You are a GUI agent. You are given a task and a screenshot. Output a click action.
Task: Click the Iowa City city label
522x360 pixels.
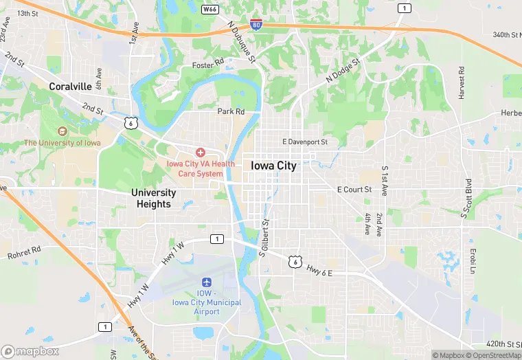tap(273, 166)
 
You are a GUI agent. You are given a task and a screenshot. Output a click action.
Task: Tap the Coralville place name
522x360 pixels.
tap(71, 87)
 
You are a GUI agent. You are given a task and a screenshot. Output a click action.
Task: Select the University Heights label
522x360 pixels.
tap(154, 199)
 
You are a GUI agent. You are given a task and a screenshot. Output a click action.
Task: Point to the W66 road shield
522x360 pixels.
tap(209, 10)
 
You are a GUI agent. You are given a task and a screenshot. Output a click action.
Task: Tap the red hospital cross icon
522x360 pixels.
tap(201, 152)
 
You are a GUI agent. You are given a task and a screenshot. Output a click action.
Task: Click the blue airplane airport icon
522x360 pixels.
tap(206, 282)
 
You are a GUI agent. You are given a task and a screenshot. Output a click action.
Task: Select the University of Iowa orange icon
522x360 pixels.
tap(63, 131)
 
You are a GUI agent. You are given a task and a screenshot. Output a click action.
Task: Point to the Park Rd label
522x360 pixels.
tap(231, 111)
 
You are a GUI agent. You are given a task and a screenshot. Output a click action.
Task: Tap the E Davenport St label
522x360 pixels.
tap(306, 142)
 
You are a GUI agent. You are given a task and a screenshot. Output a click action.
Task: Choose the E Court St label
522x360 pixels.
tap(354, 189)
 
